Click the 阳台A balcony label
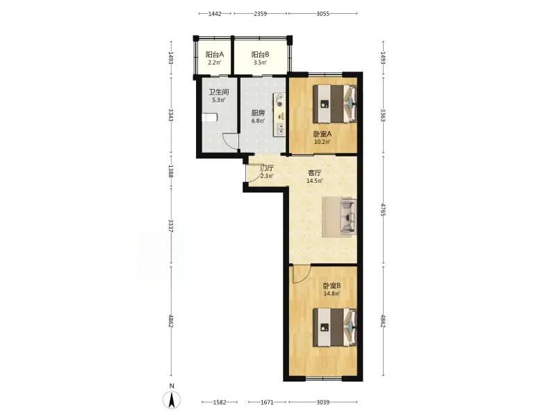[x=215, y=55]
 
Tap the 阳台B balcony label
[x=260, y=55]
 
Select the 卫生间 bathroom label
[x=219, y=92]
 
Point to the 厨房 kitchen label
[x=258, y=113]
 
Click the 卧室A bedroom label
[x=322, y=134]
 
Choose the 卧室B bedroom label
[x=332, y=286]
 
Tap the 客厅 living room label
[x=315, y=173]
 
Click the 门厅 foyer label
[x=267, y=168]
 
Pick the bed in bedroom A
[x=335, y=104]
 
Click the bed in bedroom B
[x=335, y=327]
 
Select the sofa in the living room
[x=348, y=216]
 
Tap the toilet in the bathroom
[x=209, y=117]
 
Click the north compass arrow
[x=172, y=400]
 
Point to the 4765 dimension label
[x=383, y=210]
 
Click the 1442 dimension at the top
[x=215, y=14]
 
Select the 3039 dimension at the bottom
[x=322, y=402]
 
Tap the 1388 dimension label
[x=171, y=172]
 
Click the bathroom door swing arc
[x=231, y=141]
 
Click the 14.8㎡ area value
[x=332, y=294]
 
